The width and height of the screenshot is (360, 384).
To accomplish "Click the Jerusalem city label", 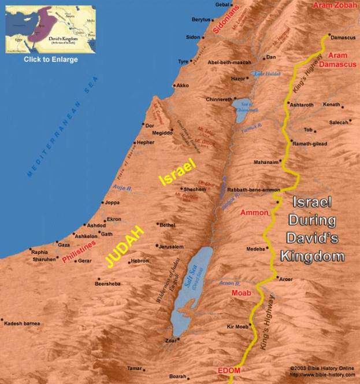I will (x=172, y=246).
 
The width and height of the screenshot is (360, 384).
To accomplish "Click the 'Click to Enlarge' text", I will (x=50, y=60).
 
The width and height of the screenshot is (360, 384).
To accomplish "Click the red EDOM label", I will (x=228, y=370).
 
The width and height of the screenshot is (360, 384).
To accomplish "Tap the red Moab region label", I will (x=241, y=293).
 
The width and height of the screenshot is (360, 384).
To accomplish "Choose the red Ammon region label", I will (x=254, y=213).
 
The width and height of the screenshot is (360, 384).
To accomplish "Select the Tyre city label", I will (x=183, y=61).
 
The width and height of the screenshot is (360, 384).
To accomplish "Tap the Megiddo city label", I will (x=162, y=132).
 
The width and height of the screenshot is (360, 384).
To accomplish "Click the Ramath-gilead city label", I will (x=312, y=143).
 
